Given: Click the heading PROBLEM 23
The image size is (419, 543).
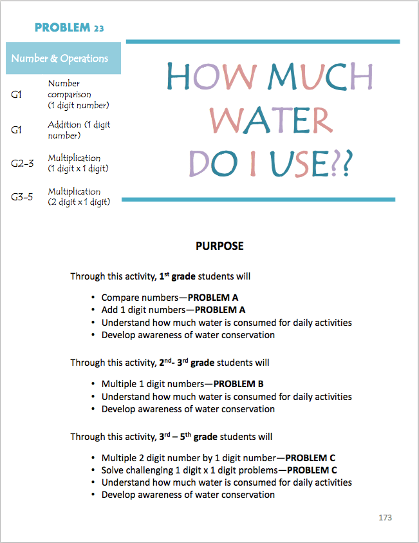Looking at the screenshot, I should coord(69,28).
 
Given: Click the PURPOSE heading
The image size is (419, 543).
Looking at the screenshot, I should coord(219,246).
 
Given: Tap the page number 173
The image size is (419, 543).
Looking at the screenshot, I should coord(385,517).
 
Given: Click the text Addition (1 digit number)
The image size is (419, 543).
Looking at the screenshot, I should coord(79,130).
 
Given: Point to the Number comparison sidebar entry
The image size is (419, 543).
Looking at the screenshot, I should coord(78,94).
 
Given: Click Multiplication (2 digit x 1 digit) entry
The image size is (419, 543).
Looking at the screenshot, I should coord(79,197).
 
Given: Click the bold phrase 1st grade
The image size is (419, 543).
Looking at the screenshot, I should coord(177,276).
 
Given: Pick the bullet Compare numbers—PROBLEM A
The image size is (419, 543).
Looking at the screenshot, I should coord(170,298).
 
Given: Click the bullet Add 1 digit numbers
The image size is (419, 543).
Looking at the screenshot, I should coord(170,310).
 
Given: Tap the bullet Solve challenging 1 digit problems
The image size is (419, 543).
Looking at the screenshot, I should coord(219,470).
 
